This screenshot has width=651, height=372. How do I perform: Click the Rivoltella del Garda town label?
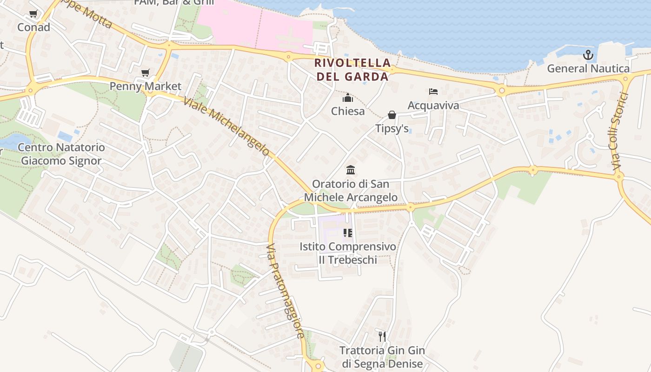[352, 69]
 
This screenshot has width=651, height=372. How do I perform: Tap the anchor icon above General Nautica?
[588, 55]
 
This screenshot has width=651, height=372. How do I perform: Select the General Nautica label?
[588, 69]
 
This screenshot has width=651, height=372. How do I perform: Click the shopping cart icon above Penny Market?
[146, 73]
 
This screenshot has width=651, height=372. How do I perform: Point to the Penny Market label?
[146, 86]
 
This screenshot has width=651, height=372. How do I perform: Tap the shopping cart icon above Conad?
[33, 14]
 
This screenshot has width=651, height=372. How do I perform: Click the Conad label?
[33, 27]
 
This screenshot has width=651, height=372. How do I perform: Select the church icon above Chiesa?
[348, 98]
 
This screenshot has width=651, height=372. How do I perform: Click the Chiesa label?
[348, 111]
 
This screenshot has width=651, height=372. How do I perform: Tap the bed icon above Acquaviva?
[433, 92]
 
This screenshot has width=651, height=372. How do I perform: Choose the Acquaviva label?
[433, 106]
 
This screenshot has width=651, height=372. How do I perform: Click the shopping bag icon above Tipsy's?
[392, 115]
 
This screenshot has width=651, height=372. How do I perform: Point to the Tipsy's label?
[392, 128]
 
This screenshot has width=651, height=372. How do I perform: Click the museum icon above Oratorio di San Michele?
[351, 170]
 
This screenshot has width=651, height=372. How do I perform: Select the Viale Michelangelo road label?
[226, 126]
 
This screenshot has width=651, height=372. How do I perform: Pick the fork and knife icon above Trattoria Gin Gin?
[382, 336]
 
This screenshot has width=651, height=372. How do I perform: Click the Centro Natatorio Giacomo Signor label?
[61, 154]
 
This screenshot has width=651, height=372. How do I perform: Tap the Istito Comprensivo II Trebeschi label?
[348, 253]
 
